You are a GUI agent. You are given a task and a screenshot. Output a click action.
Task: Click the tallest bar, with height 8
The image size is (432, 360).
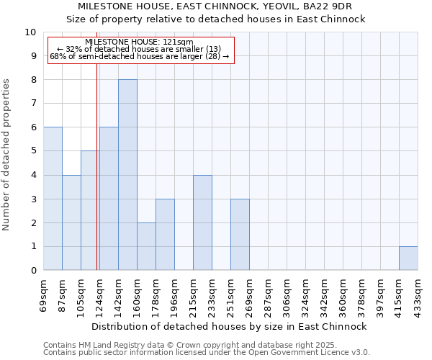127,175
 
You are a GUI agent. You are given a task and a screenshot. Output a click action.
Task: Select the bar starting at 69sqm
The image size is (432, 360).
53,199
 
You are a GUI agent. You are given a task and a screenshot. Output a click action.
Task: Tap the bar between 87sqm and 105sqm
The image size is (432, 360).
71,222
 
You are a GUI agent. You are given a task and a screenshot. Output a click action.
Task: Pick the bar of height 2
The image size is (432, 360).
146,246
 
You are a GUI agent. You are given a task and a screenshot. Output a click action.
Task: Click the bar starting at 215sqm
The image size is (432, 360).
202,222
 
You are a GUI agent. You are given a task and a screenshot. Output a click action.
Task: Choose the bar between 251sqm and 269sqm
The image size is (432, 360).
240,235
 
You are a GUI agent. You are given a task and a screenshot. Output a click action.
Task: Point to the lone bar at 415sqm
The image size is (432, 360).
408,258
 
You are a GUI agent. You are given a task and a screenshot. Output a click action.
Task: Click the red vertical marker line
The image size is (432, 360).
96,180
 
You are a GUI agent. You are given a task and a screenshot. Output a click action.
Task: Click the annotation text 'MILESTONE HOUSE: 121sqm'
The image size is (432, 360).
139,42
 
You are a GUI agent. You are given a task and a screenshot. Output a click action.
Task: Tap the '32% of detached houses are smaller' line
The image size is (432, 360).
139,49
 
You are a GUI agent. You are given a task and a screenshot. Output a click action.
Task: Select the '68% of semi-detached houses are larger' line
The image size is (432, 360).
139,56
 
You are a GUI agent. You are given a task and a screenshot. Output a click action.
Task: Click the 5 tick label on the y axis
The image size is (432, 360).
33,151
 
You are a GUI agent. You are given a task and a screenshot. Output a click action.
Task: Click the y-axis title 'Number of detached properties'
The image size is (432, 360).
7,155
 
